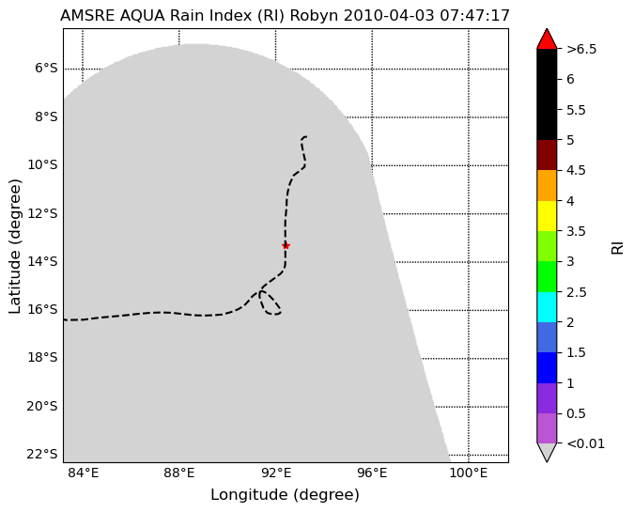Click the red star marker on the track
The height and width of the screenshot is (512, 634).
[x=286, y=245]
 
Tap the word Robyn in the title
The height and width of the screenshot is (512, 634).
[x=314, y=16]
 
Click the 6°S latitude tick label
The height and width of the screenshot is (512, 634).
[x=46, y=69]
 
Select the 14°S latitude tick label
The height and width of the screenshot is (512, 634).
[x=43, y=262]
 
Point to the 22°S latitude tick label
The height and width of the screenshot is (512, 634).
[x=42, y=455]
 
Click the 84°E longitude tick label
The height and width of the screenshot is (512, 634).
[x=83, y=473]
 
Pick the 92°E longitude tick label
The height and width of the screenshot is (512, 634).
[x=276, y=473]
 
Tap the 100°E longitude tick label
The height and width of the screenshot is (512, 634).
[x=469, y=473]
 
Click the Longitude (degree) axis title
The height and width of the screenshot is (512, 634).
[x=285, y=494]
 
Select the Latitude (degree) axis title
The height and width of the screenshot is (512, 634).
[x=14, y=246]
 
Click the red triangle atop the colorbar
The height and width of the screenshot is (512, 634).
[x=547, y=39]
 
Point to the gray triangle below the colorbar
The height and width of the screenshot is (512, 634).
[x=547, y=453]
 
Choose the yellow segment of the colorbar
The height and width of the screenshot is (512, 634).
[x=547, y=216]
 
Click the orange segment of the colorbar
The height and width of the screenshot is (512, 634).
[x=547, y=186]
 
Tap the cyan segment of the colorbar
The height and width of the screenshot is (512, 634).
[x=547, y=307]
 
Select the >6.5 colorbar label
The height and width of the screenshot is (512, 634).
[x=581, y=49]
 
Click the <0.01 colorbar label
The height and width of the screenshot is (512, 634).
[x=586, y=443]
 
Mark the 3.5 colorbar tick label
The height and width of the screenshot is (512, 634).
[x=576, y=231]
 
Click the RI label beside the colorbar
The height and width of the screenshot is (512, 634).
[x=617, y=247]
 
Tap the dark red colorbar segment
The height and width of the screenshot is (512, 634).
[x=547, y=155]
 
